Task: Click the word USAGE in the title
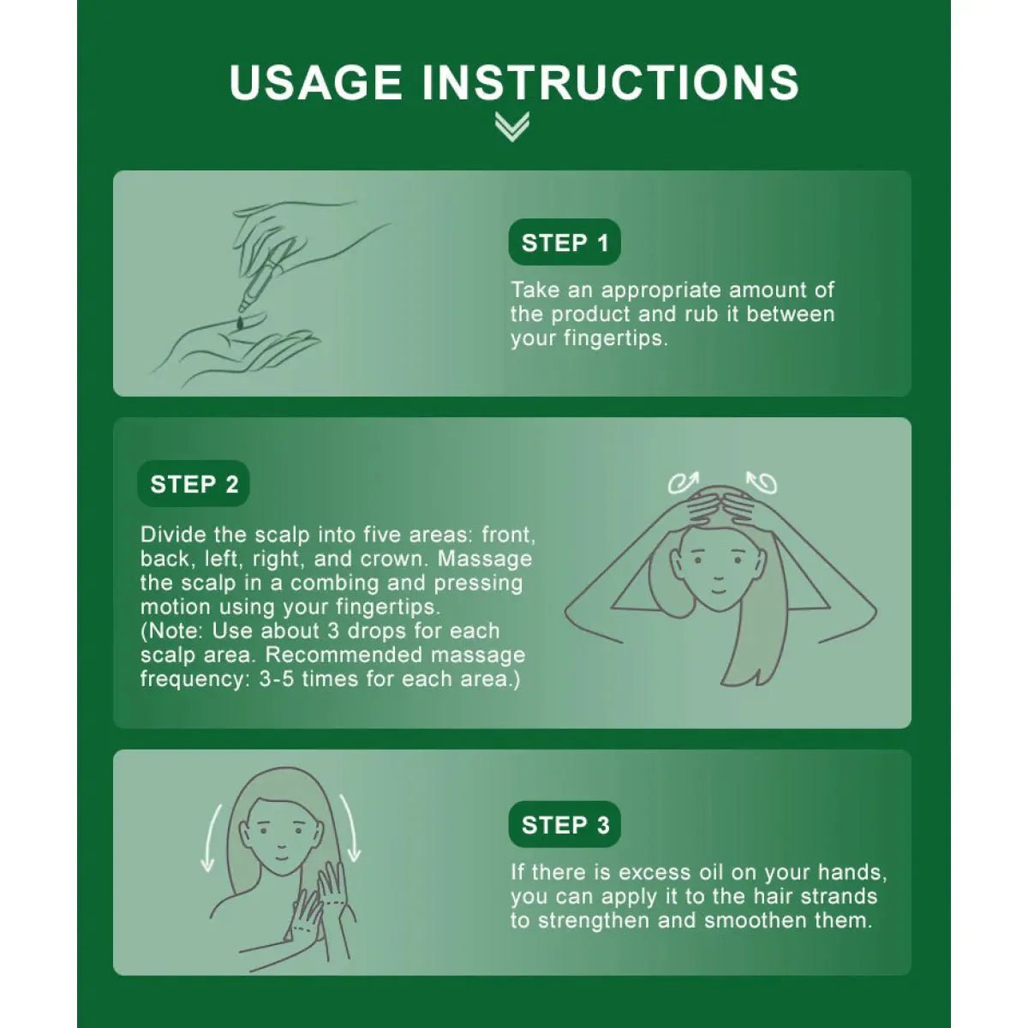point(315,82)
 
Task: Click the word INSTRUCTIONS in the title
point(611,82)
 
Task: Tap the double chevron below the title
point(512,127)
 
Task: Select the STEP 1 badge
point(565,242)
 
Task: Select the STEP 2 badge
point(194,484)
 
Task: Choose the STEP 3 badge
point(565,825)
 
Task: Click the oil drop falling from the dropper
point(241,322)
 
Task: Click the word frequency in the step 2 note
point(194,679)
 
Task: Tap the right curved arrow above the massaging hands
point(762,482)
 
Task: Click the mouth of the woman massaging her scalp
point(718,590)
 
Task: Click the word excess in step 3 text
point(655,873)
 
